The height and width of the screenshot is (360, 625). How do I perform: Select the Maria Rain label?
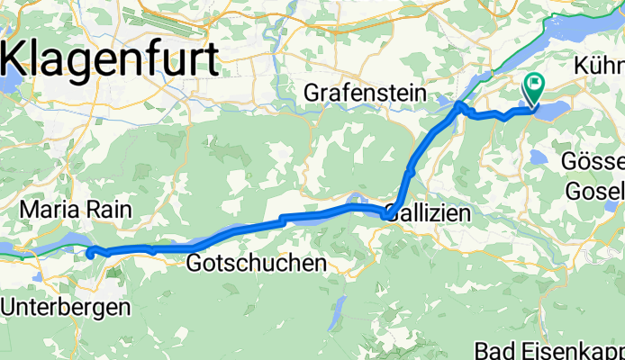click(75, 210)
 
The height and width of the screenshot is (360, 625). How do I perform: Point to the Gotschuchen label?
click(256, 264)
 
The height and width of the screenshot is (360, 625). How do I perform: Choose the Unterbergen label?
click(65, 306)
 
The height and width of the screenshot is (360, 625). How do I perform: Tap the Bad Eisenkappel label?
click(549, 349)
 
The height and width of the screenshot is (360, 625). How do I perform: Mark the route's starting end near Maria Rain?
click(90, 254)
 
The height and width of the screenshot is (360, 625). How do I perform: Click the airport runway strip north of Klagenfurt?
click(162, 21)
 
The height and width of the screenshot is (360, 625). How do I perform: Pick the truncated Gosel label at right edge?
click(594, 191)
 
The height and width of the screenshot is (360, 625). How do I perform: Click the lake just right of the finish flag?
click(557, 109)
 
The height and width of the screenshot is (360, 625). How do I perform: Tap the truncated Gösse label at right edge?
click(594, 163)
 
